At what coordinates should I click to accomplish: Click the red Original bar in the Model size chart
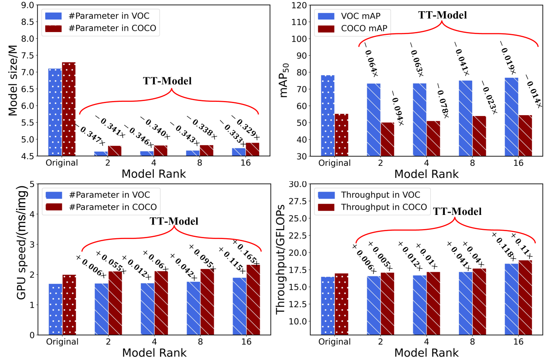click(69, 109)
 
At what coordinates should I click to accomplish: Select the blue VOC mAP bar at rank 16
click(511, 117)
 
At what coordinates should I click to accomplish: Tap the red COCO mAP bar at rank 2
click(387, 139)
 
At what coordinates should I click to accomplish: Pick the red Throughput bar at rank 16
click(525, 297)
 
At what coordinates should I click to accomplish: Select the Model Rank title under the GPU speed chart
click(154, 353)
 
